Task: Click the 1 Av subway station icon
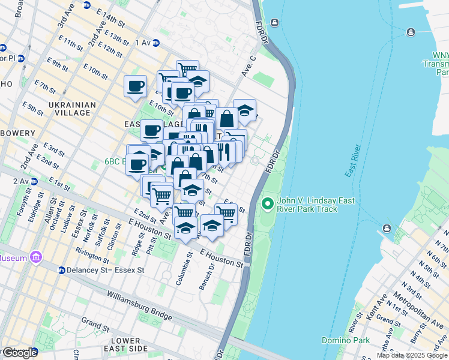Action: pyautogui.click(x=156, y=43)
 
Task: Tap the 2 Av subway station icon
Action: pyautogui.click(x=34, y=181)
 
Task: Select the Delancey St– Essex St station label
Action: pyautogui.click(x=106, y=270)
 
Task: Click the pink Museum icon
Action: pyautogui.click(x=36, y=258)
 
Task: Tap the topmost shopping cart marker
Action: pyautogui.click(x=187, y=69)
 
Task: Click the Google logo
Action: pyautogui.click(x=20, y=353)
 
